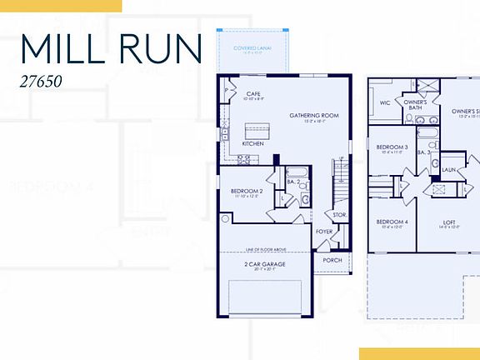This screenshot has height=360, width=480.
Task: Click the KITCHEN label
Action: coord(252,143)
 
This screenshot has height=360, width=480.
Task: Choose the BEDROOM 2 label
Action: coord(247,191)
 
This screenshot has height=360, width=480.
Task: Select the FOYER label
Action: coord(324,232)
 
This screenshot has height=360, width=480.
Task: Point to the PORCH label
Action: coord(332,259)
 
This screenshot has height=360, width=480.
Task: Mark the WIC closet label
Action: coord(385,104)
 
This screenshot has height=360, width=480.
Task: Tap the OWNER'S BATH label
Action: coord(415,105)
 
